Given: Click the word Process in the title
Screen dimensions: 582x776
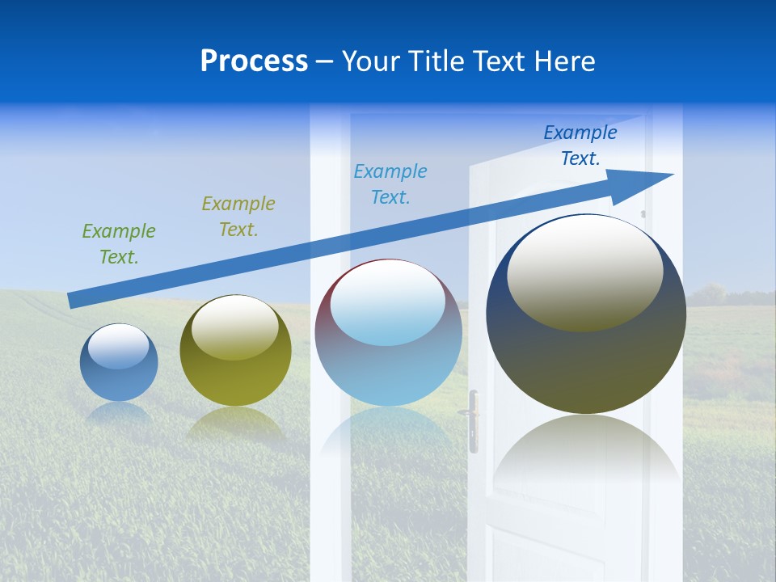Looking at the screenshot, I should [254, 61].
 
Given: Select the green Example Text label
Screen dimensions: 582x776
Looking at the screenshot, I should [118, 244].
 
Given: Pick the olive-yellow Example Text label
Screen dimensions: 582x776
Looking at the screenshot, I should [238, 217].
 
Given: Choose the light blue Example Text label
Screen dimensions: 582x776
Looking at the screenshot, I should [390, 184].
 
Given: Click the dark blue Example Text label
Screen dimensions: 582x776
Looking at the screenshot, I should [580, 145].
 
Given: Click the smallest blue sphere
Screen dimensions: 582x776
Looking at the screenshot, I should [119, 363].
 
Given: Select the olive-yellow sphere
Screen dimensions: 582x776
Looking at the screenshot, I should [235, 351].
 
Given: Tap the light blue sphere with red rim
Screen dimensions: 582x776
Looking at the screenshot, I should [388, 333].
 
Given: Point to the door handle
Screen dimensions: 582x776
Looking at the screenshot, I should [472, 417].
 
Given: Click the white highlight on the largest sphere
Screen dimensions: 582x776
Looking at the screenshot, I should [584, 271].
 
